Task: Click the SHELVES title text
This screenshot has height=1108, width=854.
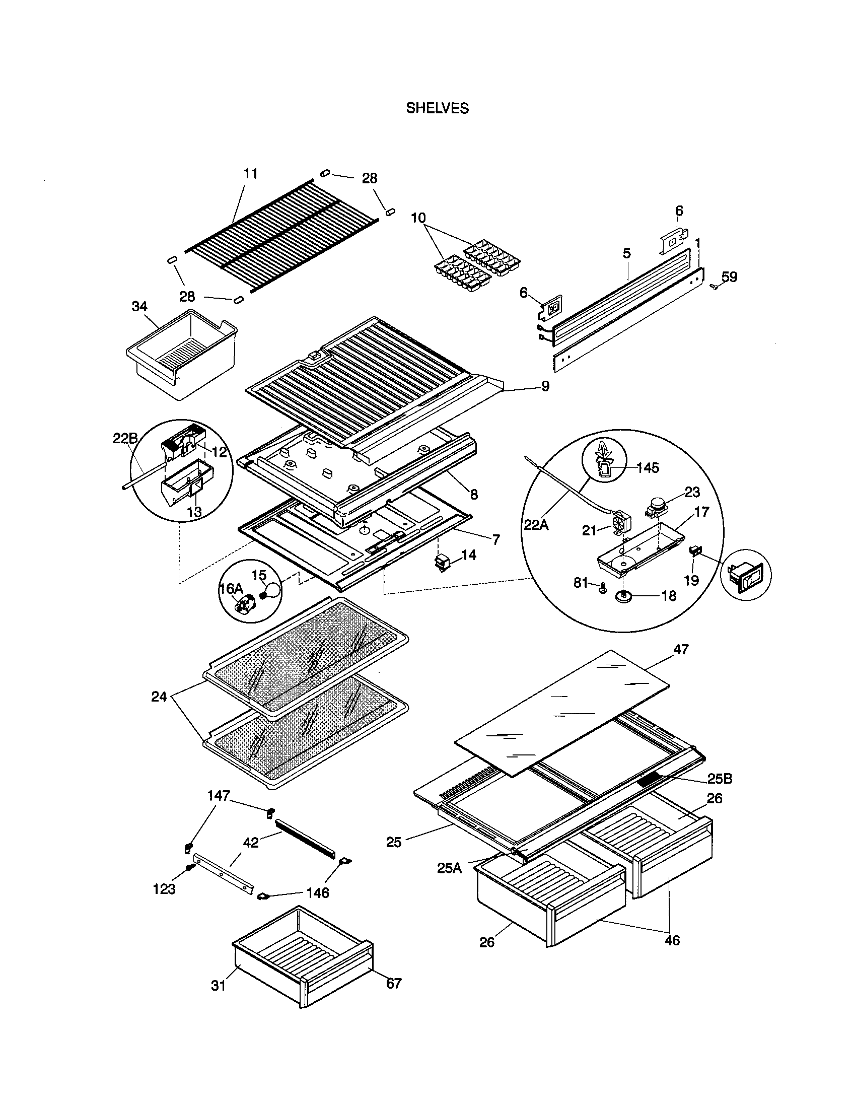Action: point(437,108)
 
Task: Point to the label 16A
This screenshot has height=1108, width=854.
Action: point(231,588)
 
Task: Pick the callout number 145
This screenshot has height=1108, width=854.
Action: point(648,467)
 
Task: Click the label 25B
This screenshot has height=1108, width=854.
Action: point(720,778)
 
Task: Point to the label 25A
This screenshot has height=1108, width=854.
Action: point(449,868)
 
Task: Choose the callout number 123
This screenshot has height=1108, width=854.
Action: point(164,888)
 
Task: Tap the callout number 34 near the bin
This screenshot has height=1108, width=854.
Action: point(139,306)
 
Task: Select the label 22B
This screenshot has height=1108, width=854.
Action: point(125,438)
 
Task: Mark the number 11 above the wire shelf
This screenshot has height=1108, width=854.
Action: point(251,174)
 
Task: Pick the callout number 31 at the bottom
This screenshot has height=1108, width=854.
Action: point(218,985)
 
